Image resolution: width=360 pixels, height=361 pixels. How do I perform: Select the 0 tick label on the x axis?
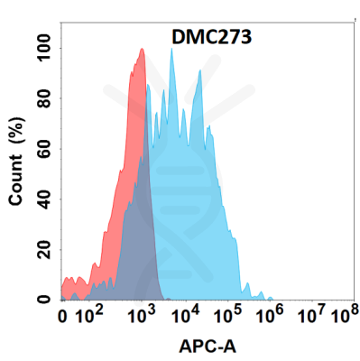coord(62,318)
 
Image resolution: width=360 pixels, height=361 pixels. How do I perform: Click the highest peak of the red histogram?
coord(142,50)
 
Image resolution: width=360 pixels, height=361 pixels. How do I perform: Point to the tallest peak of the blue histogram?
coord(171,50)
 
